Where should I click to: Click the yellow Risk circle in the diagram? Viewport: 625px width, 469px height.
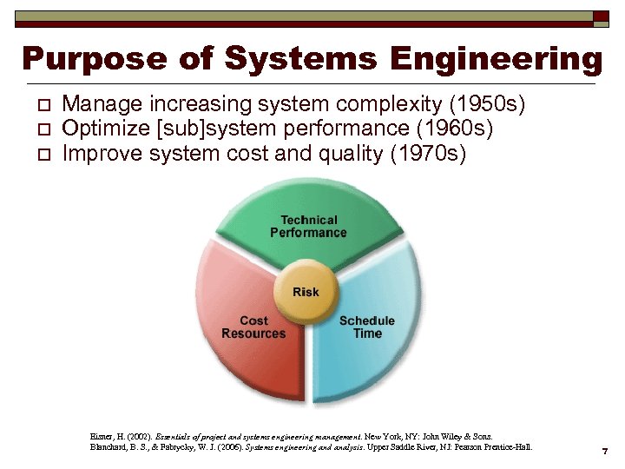pyautogui.click(x=305, y=292)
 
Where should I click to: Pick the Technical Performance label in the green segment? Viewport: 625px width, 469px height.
pyautogui.click(x=308, y=227)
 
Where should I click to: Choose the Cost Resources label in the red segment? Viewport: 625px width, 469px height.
pyautogui.click(x=253, y=327)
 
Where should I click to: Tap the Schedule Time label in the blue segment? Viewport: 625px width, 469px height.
pyautogui.click(x=366, y=327)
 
